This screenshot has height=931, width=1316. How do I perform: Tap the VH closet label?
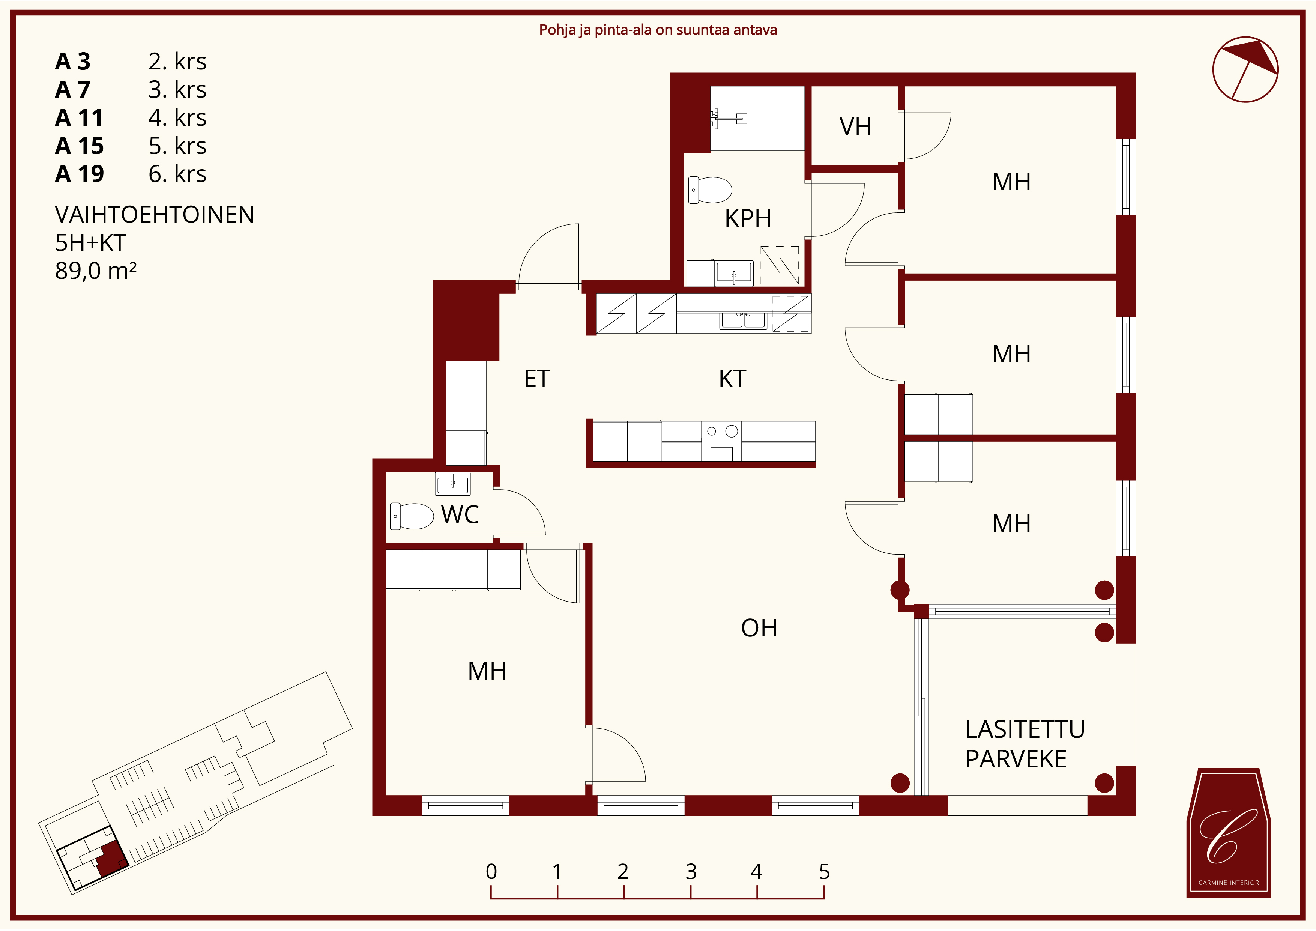855,127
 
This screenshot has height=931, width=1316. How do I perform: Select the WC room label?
460,515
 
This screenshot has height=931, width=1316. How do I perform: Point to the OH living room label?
759,628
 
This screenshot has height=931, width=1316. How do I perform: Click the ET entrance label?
537,379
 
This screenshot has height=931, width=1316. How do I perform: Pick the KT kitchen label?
733,379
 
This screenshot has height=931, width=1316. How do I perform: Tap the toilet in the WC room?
412,516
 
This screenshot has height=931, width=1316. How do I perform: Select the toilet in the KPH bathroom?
710,190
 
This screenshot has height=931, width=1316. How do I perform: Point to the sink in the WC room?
453,484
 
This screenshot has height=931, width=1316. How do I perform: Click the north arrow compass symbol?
1245,69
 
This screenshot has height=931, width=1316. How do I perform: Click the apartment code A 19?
79,174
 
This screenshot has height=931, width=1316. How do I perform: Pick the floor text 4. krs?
177,117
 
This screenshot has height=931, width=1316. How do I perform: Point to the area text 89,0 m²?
96,271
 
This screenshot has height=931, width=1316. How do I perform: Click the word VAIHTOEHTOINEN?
154,214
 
